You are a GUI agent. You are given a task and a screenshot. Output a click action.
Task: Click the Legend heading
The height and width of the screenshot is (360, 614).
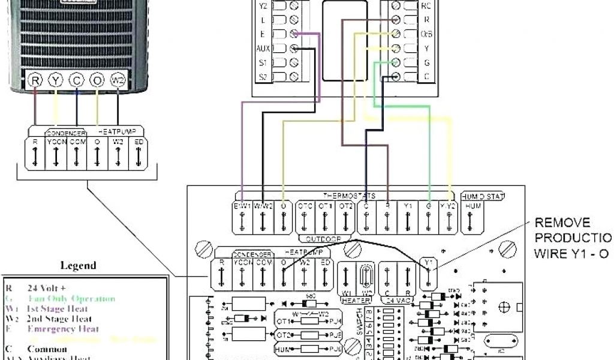tap(78, 265)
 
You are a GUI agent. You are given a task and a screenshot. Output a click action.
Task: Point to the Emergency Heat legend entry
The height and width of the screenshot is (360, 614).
tap(58, 329)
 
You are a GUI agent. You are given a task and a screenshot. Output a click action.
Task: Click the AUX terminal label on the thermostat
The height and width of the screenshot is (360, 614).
tap(263, 48)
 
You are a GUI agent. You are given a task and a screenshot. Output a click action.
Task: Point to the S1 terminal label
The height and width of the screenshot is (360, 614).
tap(263, 62)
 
